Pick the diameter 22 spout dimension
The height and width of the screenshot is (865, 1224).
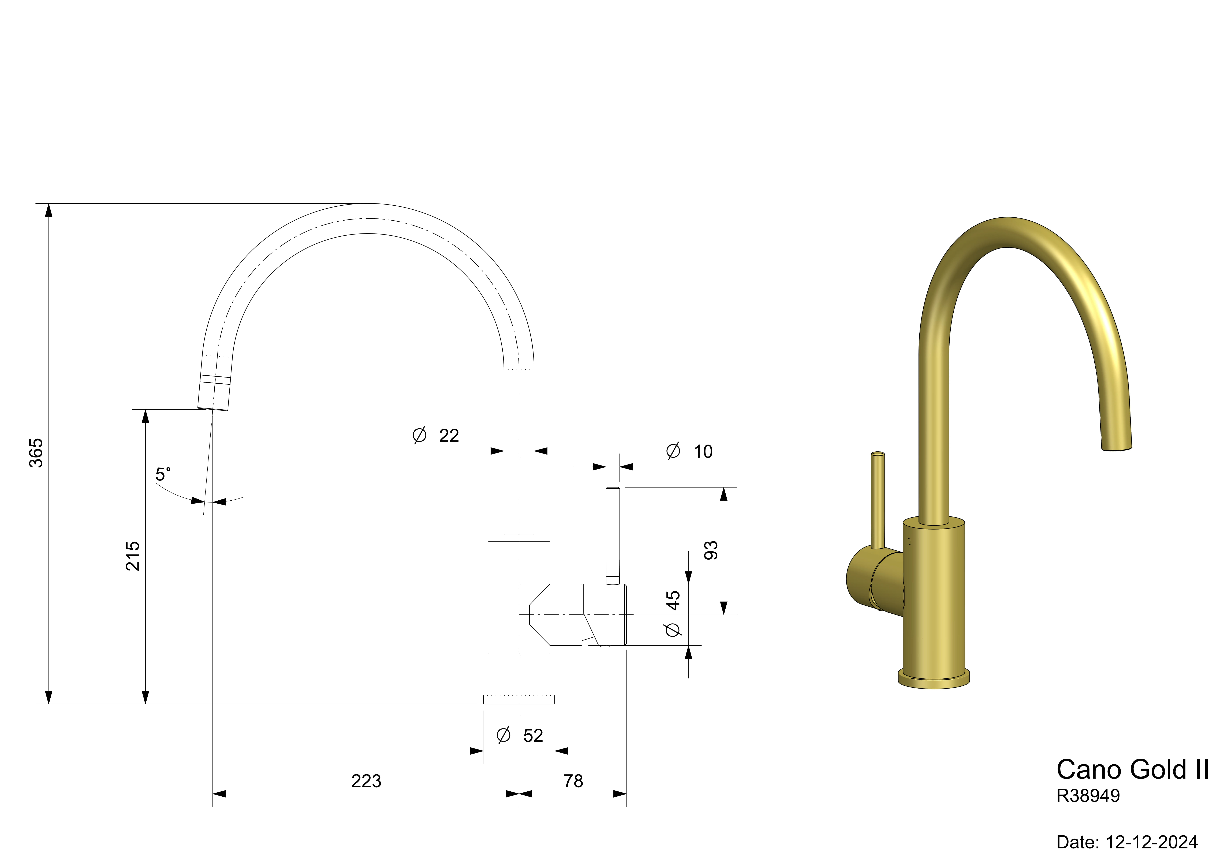click(436, 435)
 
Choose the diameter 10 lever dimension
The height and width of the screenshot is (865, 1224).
click(689, 451)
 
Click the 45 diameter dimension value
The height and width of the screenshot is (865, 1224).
click(673, 600)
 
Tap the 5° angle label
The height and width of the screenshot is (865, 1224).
click(163, 474)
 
